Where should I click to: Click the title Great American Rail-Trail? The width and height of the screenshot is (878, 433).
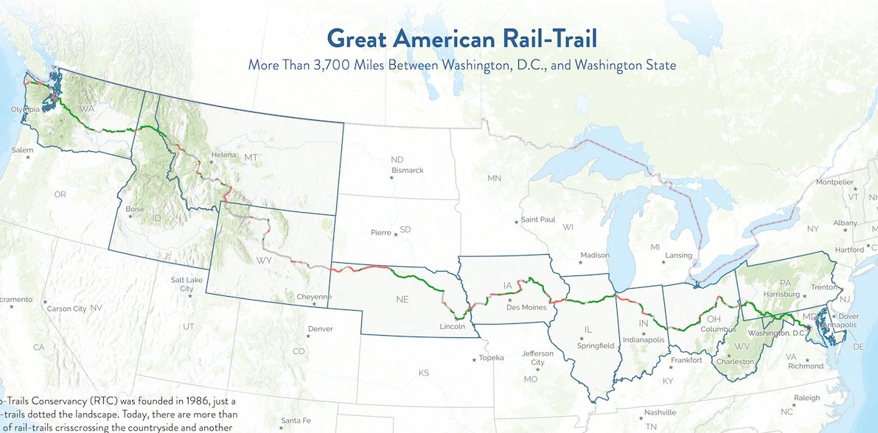coord(461,38)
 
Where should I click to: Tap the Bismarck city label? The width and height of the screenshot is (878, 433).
coord(408,170)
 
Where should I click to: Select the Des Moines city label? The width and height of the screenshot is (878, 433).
coord(526,308)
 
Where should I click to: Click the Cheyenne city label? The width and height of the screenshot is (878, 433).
coord(314,297)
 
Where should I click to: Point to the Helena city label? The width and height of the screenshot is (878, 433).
coord(223,155)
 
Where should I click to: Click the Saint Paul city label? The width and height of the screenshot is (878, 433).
coord(538,219)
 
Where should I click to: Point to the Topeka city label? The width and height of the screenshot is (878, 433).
coord(491,358)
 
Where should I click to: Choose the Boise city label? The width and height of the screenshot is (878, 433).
coord(135,209)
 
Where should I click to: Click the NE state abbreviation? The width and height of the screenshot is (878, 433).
coord(402,300)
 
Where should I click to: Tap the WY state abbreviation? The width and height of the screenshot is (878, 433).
coord(263,261)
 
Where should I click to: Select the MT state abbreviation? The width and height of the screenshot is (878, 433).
coord(251,158)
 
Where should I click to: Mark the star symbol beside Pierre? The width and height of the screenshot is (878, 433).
coord(395,234)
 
